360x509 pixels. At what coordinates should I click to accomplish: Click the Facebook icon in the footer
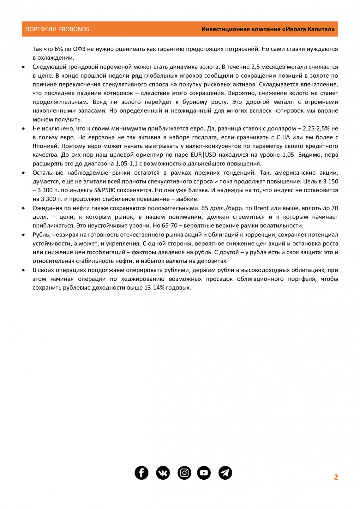[x=141, y=473]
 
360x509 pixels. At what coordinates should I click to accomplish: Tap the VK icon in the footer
[x=163, y=473]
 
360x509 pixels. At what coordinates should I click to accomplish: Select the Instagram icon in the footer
[x=184, y=473]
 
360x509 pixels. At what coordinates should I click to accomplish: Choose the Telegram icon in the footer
[x=225, y=473]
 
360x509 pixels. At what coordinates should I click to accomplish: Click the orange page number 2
[x=336, y=477]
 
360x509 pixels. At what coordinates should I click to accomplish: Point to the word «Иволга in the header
[x=293, y=29]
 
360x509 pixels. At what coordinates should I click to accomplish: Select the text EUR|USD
[x=203, y=155]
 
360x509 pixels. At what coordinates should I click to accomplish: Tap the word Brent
[x=261, y=208]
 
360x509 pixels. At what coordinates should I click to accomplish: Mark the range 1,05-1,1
[x=126, y=164]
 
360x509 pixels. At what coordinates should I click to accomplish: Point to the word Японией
[x=45, y=146]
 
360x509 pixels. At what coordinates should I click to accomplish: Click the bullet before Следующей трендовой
[x=24, y=67]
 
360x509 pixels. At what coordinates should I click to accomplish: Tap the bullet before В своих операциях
[x=24, y=271]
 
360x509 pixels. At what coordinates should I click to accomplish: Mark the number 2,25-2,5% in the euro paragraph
[x=316, y=129]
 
